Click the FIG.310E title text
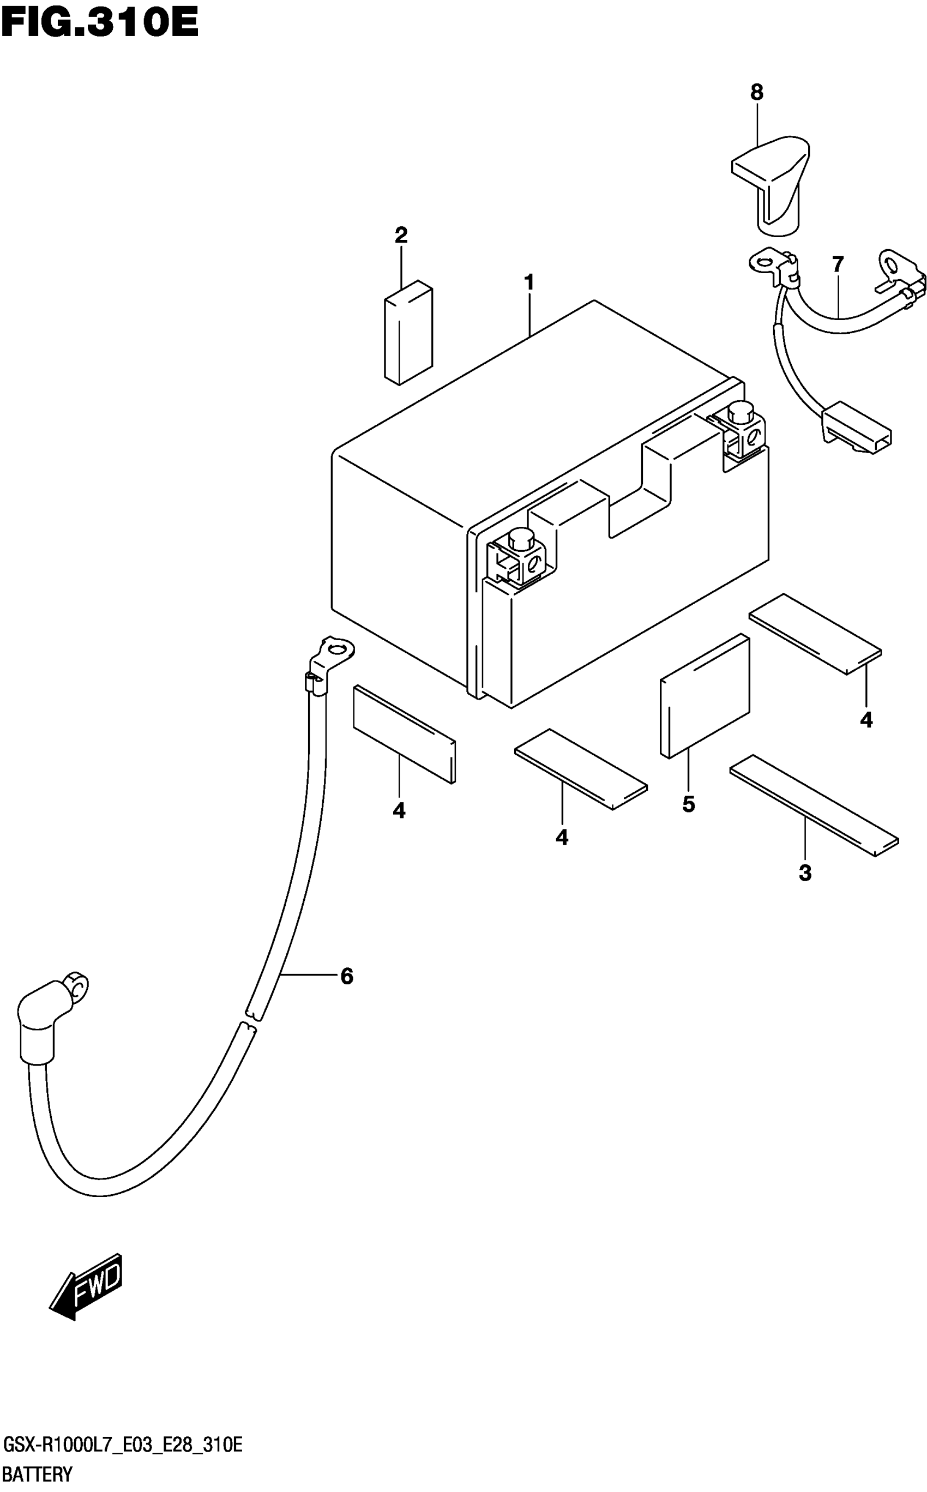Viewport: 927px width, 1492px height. [x=99, y=25]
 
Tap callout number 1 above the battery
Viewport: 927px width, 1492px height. [x=528, y=282]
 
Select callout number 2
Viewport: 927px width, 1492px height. [x=401, y=235]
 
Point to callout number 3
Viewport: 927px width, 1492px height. [x=805, y=873]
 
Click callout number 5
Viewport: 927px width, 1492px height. [x=689, y=804]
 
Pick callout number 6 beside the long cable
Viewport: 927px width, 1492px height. [x=347, y=976]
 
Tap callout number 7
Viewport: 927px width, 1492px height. [x=838, y=264]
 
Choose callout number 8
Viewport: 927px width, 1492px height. [x=756, y=93]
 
